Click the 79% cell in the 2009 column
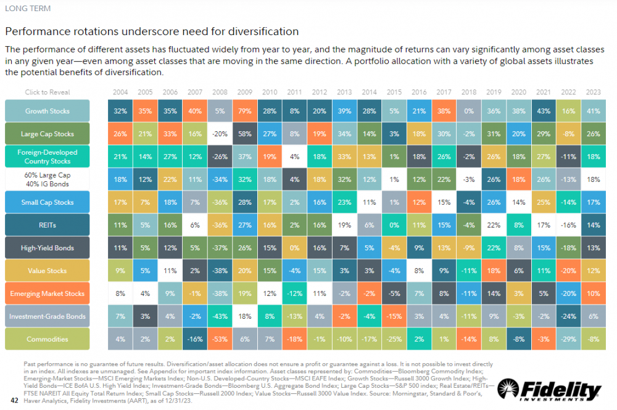(x=245, y=111)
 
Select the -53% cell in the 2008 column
(x=220, y=339)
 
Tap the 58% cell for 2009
(x=245, y=134)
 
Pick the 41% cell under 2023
(x=594, y=111)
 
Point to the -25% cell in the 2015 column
(x=394, y=339)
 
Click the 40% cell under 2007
(x=195, y=111)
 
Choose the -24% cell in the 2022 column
(x=569, y=316)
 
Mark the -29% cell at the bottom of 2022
(x=569, y=339)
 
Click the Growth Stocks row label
(x=48, y=111)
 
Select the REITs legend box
(x=48, y=225)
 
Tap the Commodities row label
(x=48, y=339)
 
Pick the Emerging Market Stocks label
(x=48, y=293)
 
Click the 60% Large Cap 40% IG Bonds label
(x=48, y=179)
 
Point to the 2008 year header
(x=220, y=92)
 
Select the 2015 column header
(x=394, y=92)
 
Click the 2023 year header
(x=594, y=92)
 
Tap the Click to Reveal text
(x=48, y=92)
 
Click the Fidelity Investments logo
(x=549, y=390)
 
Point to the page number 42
(x=15, y=400)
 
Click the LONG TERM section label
(x=28, y=8)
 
